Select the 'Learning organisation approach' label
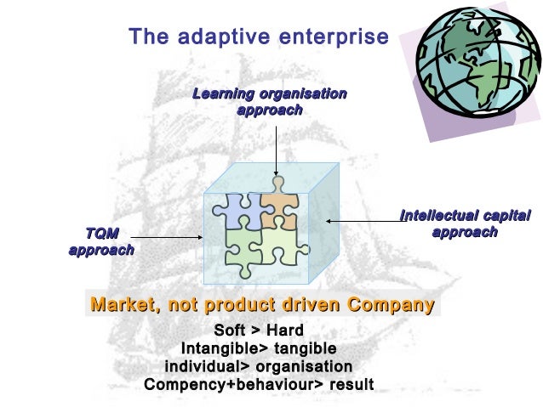[x=269, y=101]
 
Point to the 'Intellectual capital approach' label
[x=465, y=223]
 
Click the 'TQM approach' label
[x=101, y=240]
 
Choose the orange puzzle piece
[x=277, y=207]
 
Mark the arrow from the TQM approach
[x=166, y=237]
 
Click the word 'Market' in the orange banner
[x=123, y=304]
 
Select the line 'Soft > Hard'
[x=259, y=331]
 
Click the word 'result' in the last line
[x=350, y=384]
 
